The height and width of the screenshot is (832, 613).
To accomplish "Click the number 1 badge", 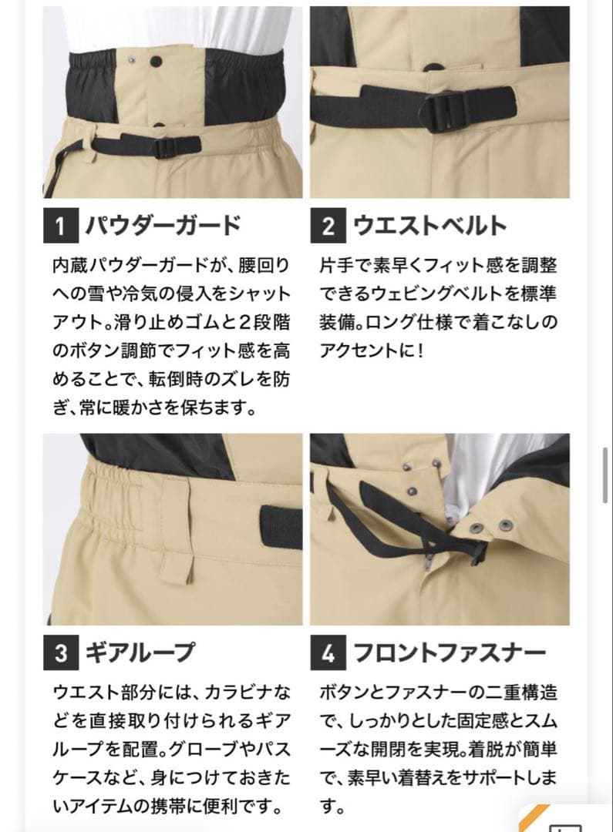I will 60,226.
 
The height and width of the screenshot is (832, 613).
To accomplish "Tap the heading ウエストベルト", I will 429,226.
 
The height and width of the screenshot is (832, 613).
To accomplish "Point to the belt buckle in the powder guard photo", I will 167,146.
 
